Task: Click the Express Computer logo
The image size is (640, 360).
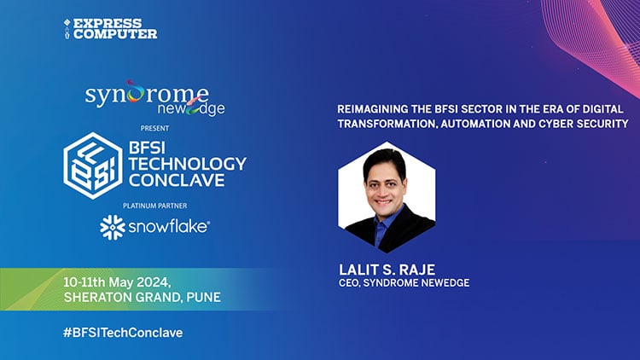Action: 110,27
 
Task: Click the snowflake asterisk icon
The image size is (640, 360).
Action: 113,227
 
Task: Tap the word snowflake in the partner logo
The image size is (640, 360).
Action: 167,227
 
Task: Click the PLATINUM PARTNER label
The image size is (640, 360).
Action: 154,206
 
